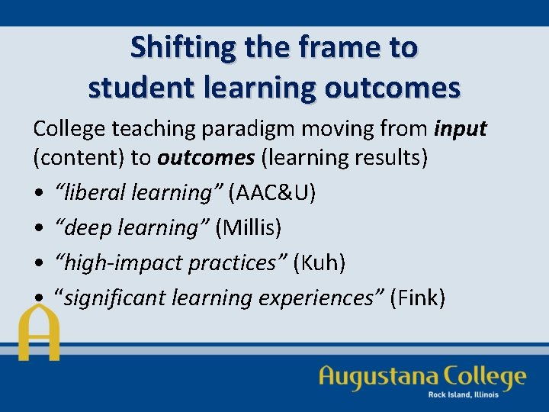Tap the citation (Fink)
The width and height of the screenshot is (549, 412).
417,297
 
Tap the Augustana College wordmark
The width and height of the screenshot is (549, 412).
422,376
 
